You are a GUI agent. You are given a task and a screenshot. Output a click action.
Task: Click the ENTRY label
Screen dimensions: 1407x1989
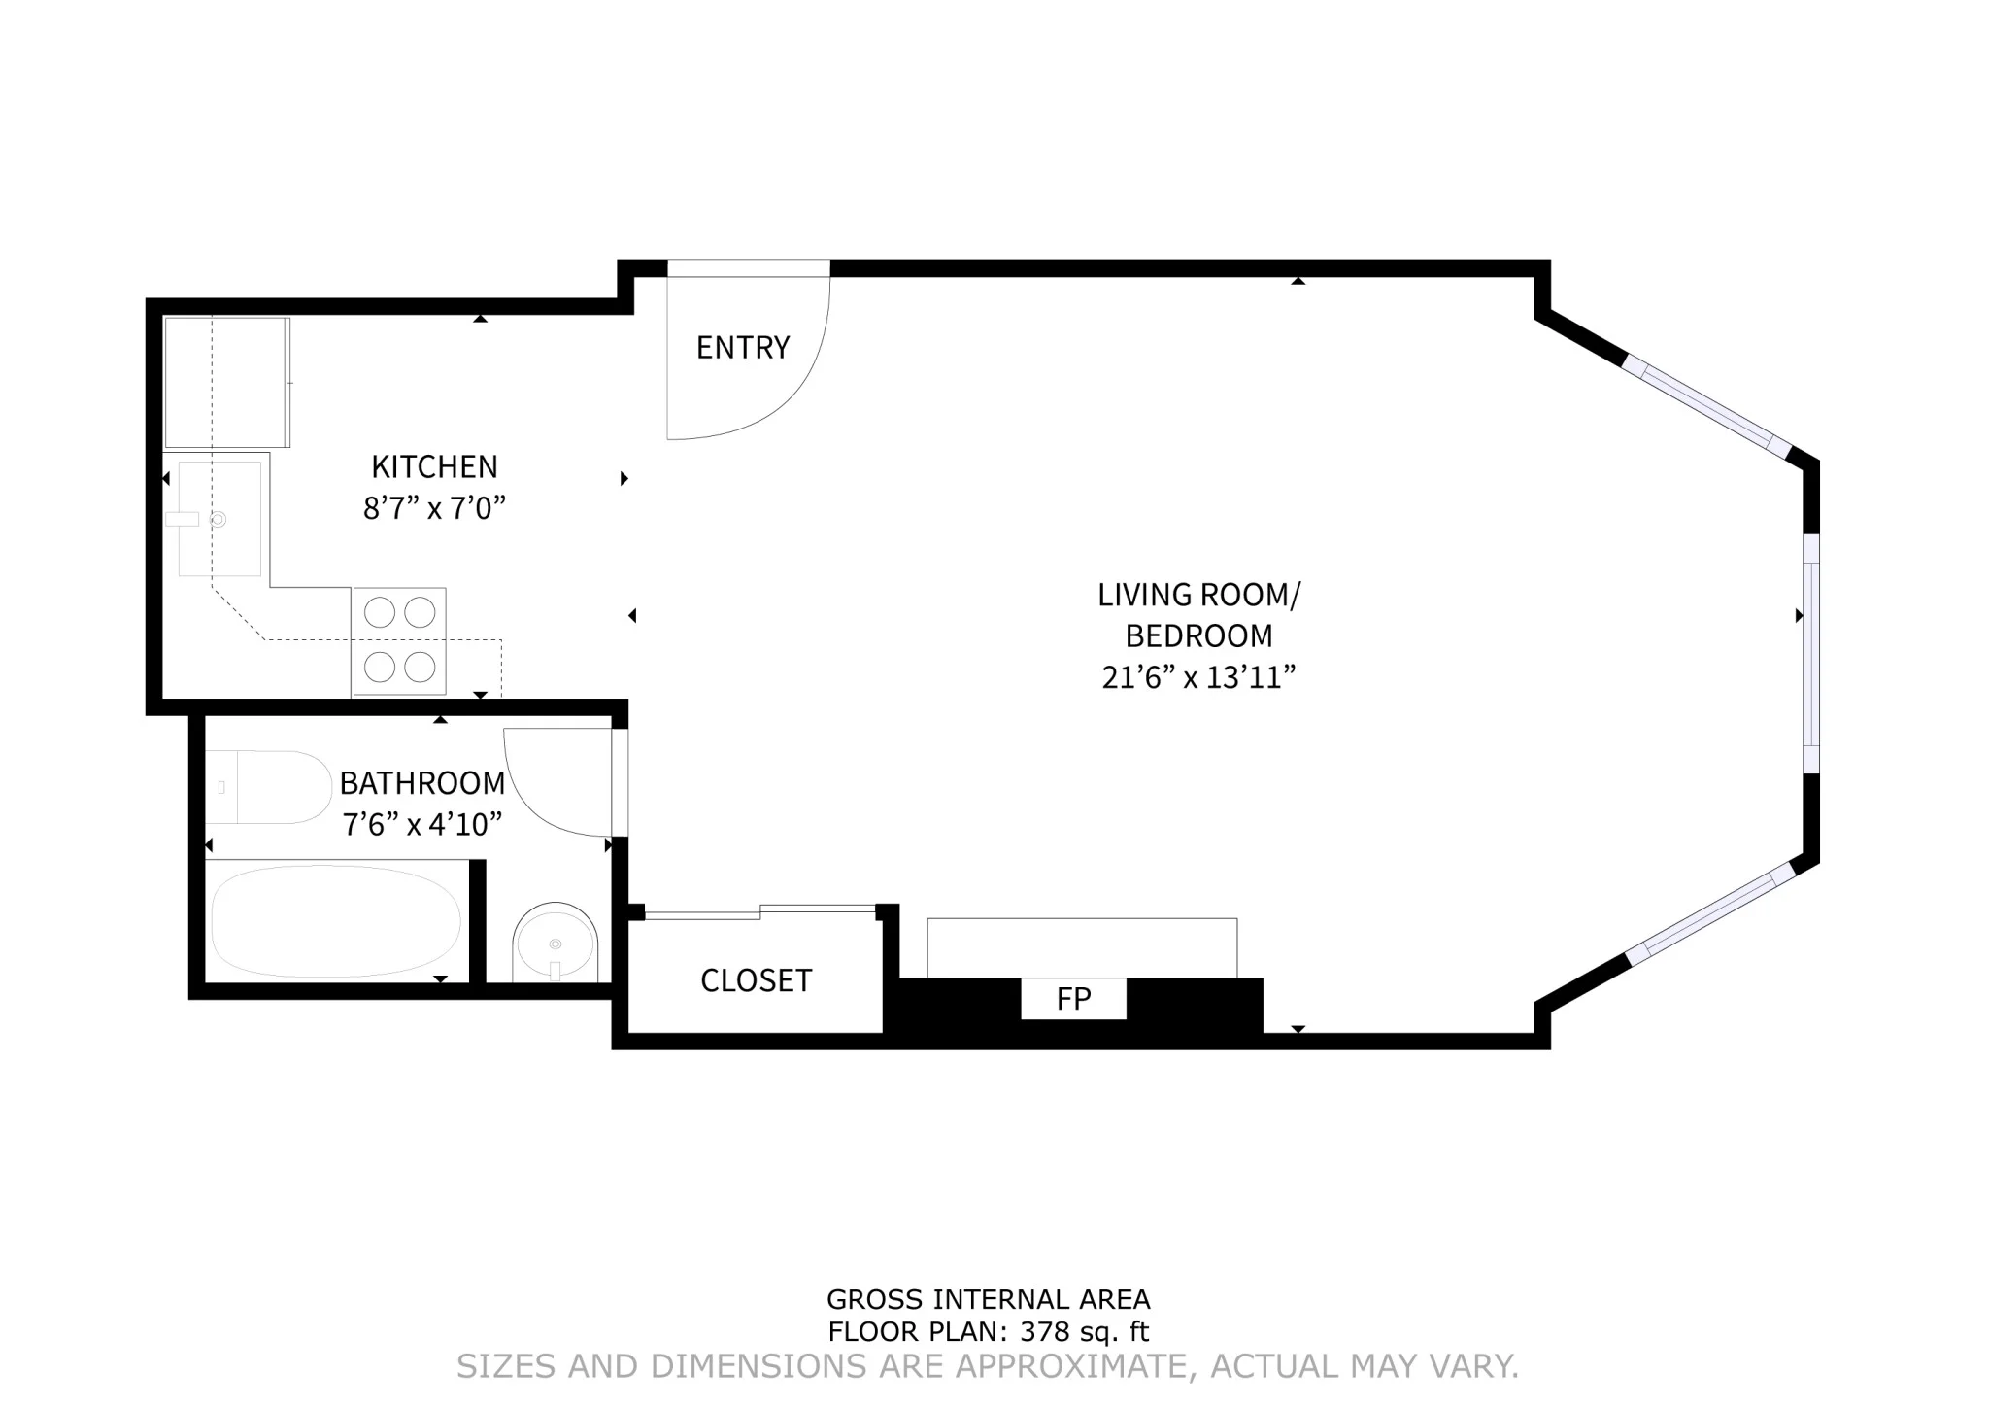pyautogui.click(x=743, y=347)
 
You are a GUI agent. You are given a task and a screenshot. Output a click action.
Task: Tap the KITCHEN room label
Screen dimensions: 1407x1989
pyautogui.click(x=434, y=466)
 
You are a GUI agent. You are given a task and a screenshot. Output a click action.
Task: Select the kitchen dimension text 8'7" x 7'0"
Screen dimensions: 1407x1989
pyautogui.click(x=434, y=508)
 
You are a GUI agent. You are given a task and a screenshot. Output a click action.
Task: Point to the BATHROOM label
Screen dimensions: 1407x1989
pyautogui.click(x=421, y=782)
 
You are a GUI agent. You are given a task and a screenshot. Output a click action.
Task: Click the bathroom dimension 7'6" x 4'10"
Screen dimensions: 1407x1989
pyautogui.click(x=421, y=825)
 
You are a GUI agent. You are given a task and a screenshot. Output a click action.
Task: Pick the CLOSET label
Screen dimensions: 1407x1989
pyautogui.click(x=756, y=980)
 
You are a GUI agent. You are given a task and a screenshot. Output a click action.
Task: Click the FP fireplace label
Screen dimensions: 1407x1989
pyautogui.click(x=1073, y=999)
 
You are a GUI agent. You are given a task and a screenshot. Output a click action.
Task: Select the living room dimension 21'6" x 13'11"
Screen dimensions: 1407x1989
pyautogui.click(x=1198, y=677)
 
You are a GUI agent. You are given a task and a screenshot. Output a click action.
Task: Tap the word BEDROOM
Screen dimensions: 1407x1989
pyautogui.click(x=1198, y=635)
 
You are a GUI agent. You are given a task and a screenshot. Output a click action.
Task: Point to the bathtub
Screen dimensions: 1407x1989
pyautogui.click(x=336, y=921)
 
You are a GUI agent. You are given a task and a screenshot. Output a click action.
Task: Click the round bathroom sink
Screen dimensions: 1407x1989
pyautogui.click(x=555, y=943)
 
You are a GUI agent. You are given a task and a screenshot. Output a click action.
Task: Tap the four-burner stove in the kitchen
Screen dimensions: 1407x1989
pyautogui.click(x=399, y=640)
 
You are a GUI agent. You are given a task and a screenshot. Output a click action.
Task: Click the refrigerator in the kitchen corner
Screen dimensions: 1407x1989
pyautogui.click(x=226, y=382)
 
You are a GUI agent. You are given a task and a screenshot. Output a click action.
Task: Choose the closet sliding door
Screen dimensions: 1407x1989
pyautogui.click(x=760, y=911)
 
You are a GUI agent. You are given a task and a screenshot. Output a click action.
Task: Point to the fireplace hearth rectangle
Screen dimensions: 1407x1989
pyautogui.click(x=1082, y=947)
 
